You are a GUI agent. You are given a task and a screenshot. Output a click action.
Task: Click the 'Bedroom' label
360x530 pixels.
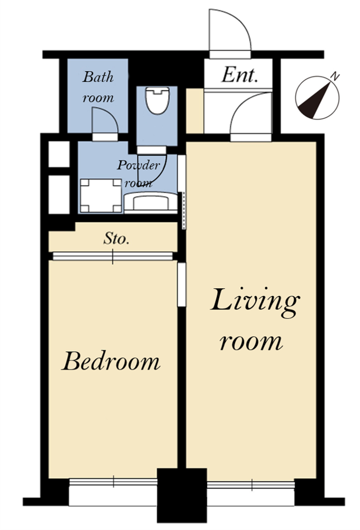[x=111, y=361]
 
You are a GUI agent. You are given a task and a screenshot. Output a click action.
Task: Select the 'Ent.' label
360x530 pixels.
[x=240, y=75]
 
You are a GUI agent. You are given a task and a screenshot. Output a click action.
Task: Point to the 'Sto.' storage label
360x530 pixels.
[x=116, y=239]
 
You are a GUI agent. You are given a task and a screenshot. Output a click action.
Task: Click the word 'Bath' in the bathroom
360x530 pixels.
[x=98, y=76]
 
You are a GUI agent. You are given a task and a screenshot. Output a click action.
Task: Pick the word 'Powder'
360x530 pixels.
[x=138, y=165]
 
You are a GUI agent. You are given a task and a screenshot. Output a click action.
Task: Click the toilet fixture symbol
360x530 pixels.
[x=157, y=101]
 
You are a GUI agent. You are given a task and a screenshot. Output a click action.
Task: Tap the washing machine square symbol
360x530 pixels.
[x=101, y=196]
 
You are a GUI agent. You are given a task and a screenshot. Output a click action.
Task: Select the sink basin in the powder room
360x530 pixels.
[x=150, y=202]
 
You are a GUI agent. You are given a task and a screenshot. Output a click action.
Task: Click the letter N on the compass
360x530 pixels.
[x=335, y=76]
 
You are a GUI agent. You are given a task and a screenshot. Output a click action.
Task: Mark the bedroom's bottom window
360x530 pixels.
[x=113, y=482]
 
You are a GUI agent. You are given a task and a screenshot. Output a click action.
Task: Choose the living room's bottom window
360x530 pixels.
[x=251, y=485]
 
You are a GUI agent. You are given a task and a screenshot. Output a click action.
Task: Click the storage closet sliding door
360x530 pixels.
[x=112, y=256]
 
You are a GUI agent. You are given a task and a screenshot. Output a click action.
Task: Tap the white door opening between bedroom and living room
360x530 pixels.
[x=181, y=285]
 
